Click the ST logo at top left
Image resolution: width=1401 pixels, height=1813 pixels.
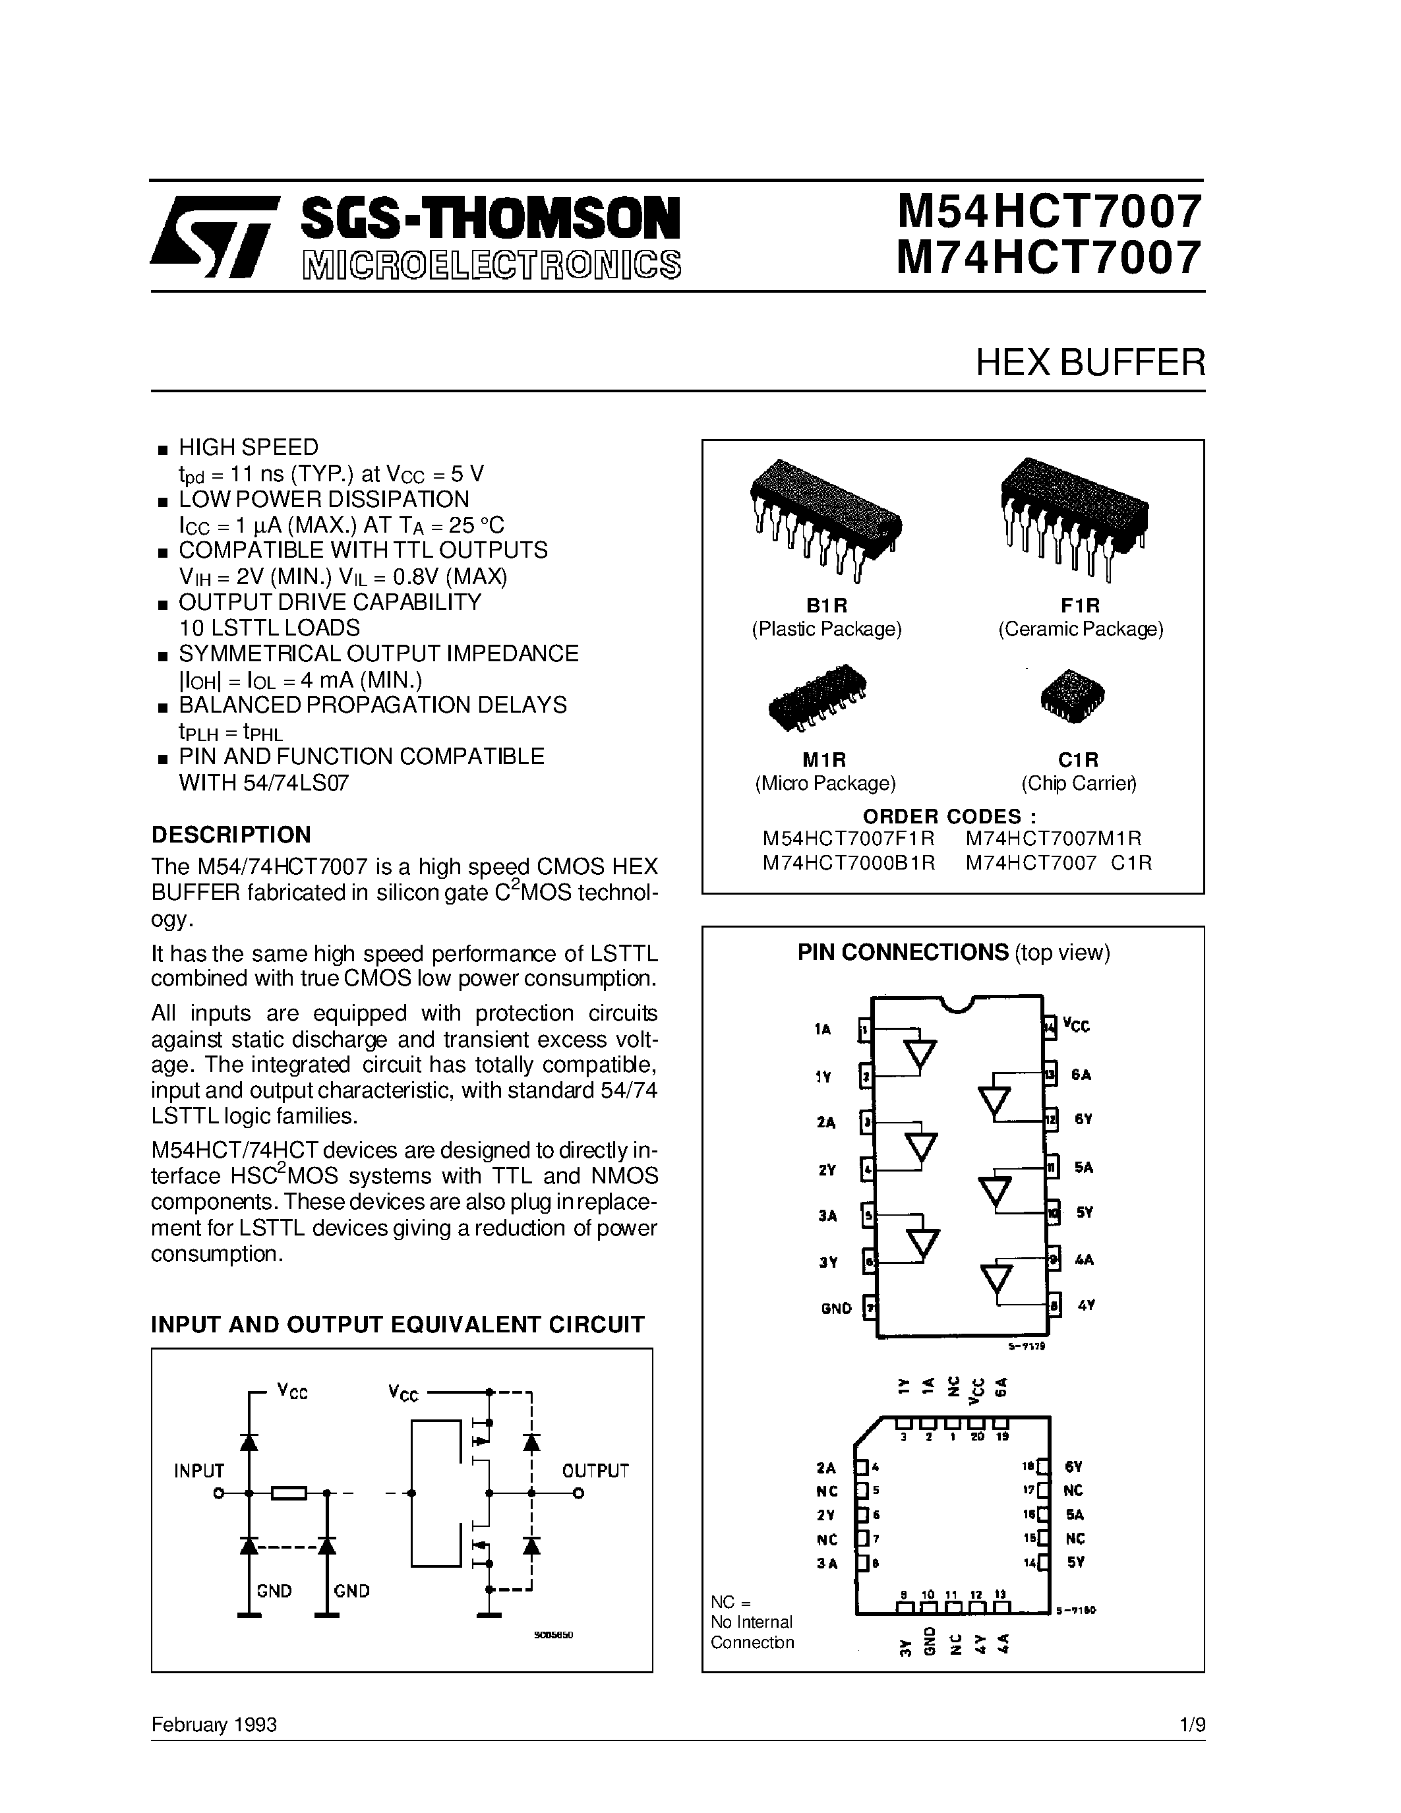click(214, 236)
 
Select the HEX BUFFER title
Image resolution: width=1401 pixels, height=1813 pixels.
click(1089, 363)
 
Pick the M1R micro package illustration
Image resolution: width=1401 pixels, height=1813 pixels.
click(818, 698)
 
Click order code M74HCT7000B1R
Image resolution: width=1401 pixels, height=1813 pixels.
click(849, 862)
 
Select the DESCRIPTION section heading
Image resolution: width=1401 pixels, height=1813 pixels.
click(231, 834)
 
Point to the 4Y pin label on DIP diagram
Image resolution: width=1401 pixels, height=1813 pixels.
click(1086, 1305)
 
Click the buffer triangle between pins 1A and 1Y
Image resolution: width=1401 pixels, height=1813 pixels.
click(920, 1054)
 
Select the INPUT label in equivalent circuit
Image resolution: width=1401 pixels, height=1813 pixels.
click(199, 1471)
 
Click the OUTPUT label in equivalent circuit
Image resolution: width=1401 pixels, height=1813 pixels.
click(595, 1471)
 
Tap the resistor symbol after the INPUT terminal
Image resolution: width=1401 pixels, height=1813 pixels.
click(289, 1493)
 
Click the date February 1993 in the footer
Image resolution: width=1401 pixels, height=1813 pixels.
click(214, 1725)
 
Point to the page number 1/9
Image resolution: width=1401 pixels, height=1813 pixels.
click(1192, 1725)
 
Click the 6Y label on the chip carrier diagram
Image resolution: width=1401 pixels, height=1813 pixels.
click(1073, 1467)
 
